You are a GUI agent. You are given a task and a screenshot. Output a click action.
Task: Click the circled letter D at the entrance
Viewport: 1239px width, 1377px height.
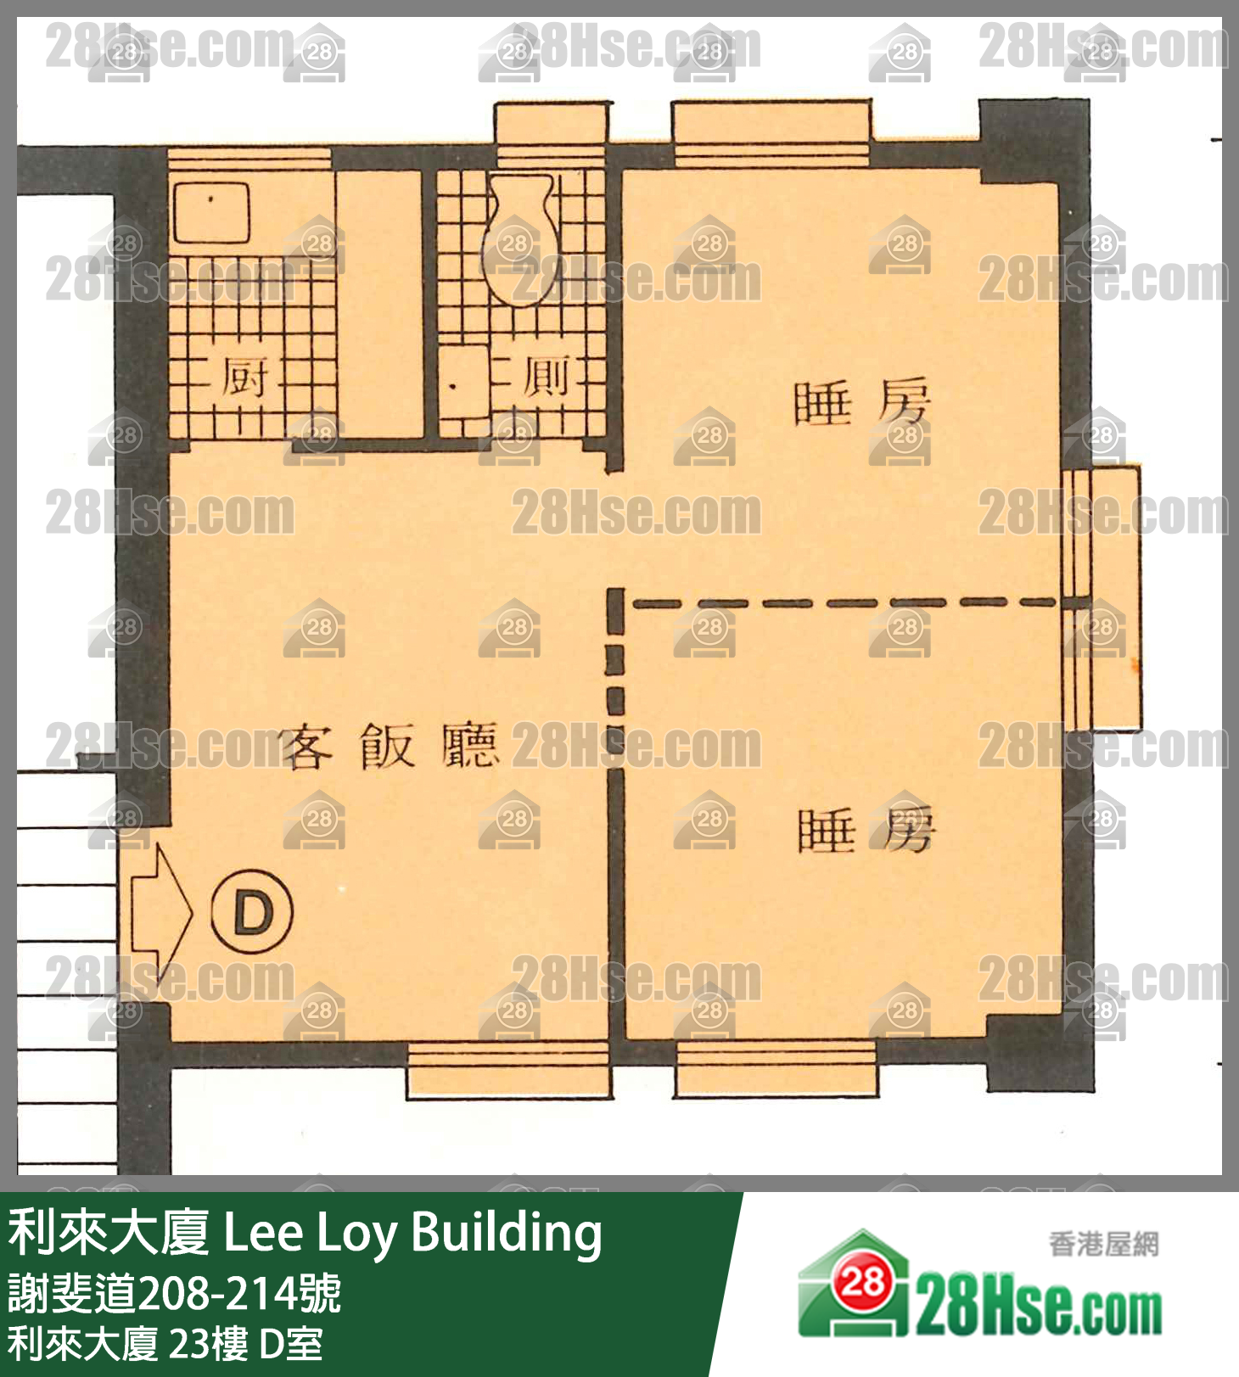pyautogui.click(x=251, y=913)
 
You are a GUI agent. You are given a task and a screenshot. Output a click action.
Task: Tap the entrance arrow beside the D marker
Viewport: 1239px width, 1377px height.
pyautogui.click(x=161, y=913)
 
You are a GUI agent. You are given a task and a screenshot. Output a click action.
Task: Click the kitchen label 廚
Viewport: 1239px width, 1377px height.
pyautogui.click(x=244, y=378)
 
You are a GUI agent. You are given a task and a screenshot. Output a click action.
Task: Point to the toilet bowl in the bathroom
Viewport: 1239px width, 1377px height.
pyautogui.click(x=519, y=239)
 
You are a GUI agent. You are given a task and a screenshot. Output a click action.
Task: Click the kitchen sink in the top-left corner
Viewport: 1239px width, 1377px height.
pyautogui.click(x=211, y=211)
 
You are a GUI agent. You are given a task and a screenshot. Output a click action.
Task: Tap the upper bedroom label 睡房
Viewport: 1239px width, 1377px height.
pyautogui.click(x=861, y=403)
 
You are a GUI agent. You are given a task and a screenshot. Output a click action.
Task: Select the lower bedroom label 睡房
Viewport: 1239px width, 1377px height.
pyautogui.click(x=866, y=830)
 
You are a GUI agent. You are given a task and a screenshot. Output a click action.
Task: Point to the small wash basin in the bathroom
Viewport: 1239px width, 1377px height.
pyautogui.click(x=463, y=383)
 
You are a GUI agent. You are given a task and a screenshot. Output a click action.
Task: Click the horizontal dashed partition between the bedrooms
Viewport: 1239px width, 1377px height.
pyautogui.click(x=844, y=603)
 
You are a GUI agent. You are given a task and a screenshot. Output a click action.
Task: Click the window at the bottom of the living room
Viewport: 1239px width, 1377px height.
pyautogui.click(x=507, y=1070)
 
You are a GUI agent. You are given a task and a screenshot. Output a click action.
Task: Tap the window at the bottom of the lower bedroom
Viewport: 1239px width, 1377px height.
pyautogui.click(x=776, y=1068)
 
